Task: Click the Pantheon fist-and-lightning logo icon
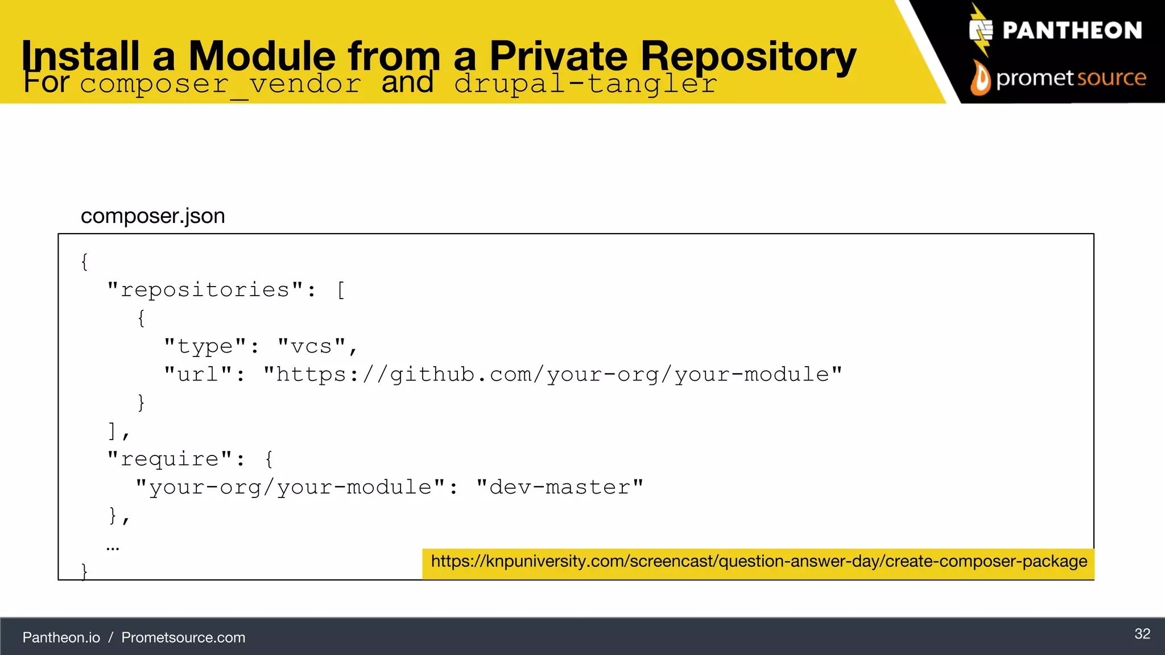pyautogui.click(x=981, y=30)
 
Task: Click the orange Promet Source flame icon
pyautogui.click(x=980, y=78)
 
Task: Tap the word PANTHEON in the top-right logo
pyautogui.click(x=1072, y=31)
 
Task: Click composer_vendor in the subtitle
pyautogui.click(x=221, y=84)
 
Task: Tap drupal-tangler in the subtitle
pyautogui.click(x=586, y=84)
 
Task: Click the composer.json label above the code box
pyautogui.click(x=152, y=216)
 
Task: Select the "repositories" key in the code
pyautogui.click(x=205, y=290)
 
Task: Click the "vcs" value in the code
pyautogui.click(x=311, y=346)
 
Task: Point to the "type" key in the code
pyautogui.click(x=205, y=346)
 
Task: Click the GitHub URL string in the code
pyautogui.click(x=552, y=375)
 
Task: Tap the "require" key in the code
pyautogui.click(x=170, y=459)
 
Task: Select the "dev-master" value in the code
pyautogui.click(x=560, y=487)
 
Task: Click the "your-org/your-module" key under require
pyautogui.click(x=290, y=487)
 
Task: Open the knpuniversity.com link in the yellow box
pyautogui.click(x=759, y=562)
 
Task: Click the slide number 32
pyautogui.click(x=1142, y=634)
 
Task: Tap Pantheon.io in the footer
pyautogui.click(x=61, y=637)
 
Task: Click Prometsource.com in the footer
pyautogui.click(x=183, y=637)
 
